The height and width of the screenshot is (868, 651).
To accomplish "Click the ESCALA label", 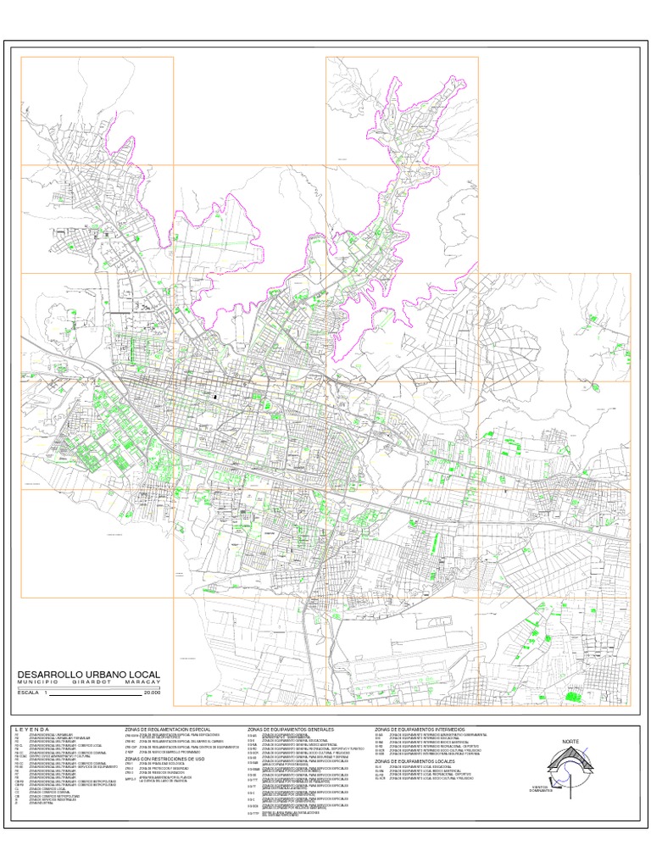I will (x=28, y=693).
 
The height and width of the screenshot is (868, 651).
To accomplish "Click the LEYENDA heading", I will (x=33, y=729).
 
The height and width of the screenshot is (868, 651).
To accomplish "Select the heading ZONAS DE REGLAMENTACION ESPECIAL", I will (x=167, y=729).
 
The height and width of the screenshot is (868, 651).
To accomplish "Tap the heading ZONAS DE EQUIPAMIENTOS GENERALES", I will (x=291, y=729).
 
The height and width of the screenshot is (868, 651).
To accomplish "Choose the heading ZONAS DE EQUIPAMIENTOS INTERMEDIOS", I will (x=420, y=729).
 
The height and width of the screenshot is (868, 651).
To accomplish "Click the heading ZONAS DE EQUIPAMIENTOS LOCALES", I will (x=414, y=762).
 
